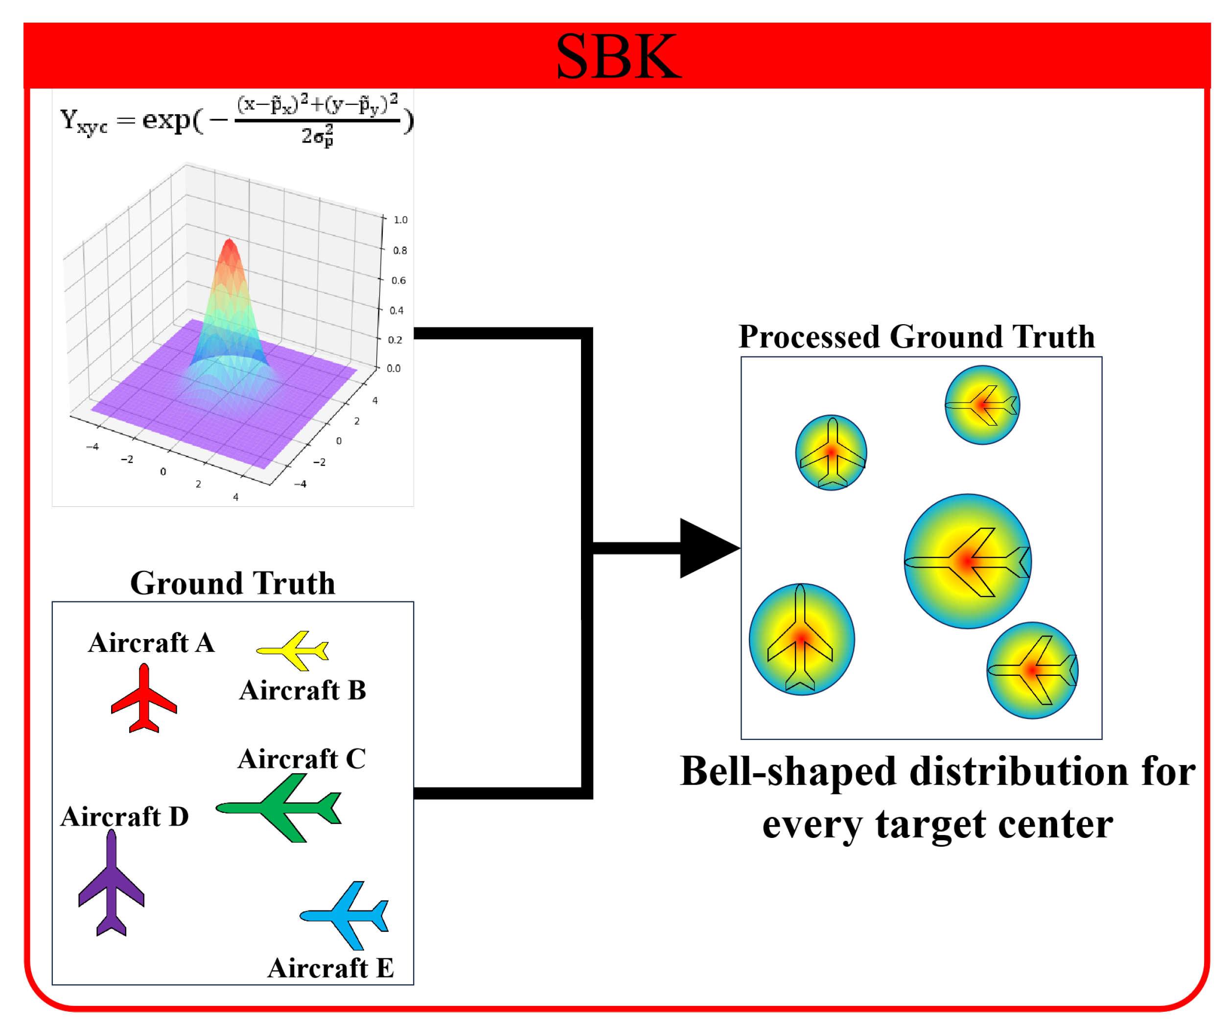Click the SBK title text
[x=618, y=57]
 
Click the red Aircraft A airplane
[x=143, y=700]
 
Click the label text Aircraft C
[x=302, y=759]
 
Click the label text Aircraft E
[x=331, y=968]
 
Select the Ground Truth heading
[x=232, y=583]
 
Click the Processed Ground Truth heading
[x=917, y=337]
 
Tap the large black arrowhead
[x=706, y=548]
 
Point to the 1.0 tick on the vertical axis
[x=400, y=220]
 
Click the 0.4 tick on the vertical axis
[x=396, y=310]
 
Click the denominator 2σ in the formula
[x=316, y=136]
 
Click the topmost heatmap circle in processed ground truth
[x=982, y=405]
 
